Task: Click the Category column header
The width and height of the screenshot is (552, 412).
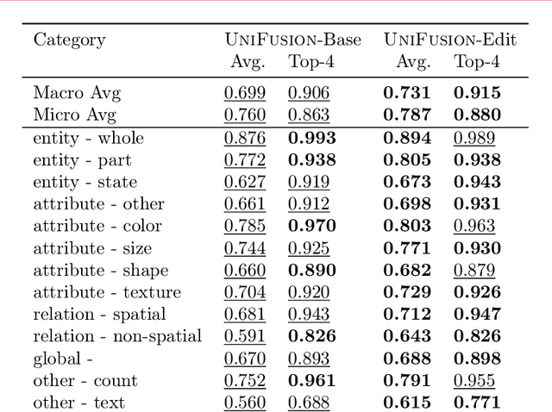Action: [x=69, y=40]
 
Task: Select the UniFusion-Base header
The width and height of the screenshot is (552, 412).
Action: [x=287, y=40]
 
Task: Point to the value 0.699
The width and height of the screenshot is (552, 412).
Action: [x=245, y=93]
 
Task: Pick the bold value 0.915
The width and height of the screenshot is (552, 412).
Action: [x=474, y=93]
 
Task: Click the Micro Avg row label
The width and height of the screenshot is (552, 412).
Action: [x=74, y=115]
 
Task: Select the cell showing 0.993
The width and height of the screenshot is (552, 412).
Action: [x=311, y=138]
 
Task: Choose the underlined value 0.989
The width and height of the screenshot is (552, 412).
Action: [x=474, y=138]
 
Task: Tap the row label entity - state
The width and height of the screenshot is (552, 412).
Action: [x=85, y=182]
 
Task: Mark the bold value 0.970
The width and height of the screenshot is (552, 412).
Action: [x=311, y=226]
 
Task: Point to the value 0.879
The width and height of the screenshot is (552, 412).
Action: [x=474, y=270]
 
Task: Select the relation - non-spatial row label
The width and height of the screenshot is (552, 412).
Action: [x=117, y=336]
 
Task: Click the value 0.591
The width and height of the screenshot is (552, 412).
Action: [x=245, y=336]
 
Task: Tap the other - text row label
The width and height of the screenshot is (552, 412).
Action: [x=78, y=402]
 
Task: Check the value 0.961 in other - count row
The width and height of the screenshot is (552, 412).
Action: [x=311, y=380]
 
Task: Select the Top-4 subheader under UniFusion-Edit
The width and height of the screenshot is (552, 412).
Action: [x=475, y=62]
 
